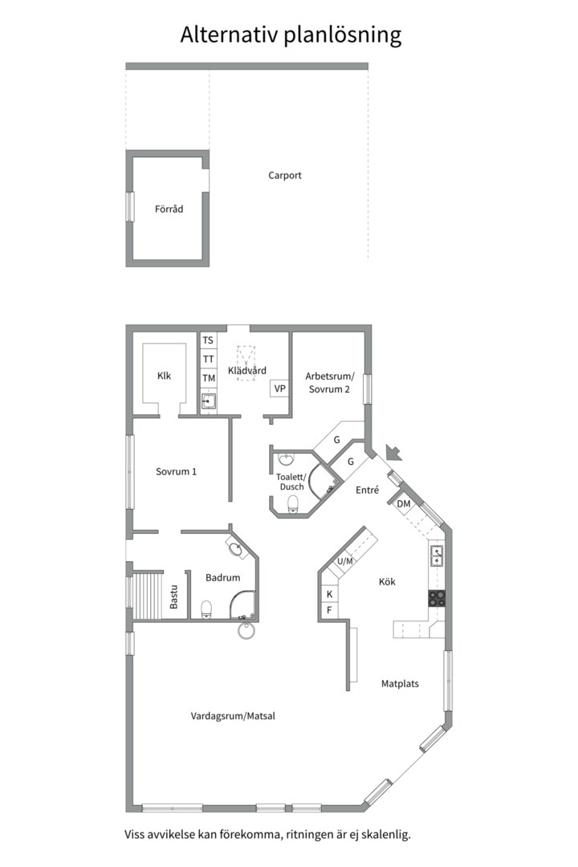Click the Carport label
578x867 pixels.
(x=285, y=176)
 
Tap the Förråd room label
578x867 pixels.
(x=169, y=209)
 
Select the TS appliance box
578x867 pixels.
(x=208, y=340)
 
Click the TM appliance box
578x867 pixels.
(x=208, y=378)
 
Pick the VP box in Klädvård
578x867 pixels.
(x=280, y=389)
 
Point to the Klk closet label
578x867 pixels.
(x=165, y=376)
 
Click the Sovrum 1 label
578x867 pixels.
(x=176, y=472)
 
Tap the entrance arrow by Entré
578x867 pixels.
(x=394, y=453)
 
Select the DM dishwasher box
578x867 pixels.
(x=404, y=503)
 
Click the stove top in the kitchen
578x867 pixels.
(x=437, y=598)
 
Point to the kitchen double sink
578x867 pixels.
(x=437, y=556)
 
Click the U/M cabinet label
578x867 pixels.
(x=345, y=561)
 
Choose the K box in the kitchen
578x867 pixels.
(x=330, y=594)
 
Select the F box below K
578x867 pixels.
(x=330, y=610)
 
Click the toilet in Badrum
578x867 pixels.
(x=206, y=609)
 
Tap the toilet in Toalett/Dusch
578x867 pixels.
(x=292, y=503)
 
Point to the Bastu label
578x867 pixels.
(x=173, y=597)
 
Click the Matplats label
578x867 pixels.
(x=400, y=684)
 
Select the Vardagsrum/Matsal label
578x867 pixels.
(x=233, y=716)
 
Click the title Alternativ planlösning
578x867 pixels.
(x=291, y=35)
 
